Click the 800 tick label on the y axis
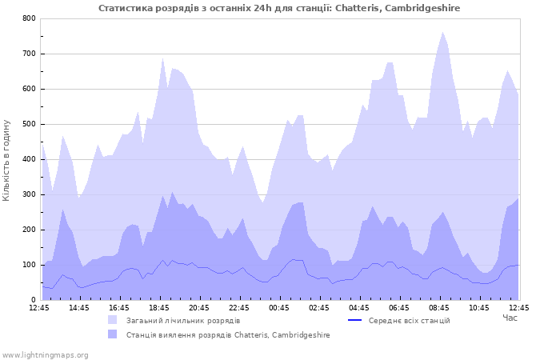29,18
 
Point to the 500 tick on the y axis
29,124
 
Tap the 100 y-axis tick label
29,265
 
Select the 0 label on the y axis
33,300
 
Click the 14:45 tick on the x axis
79,307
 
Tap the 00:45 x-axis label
279,307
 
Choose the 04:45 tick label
359,307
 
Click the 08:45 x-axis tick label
439,307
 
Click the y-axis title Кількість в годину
7,159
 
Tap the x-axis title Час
510,318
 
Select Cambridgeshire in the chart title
424,8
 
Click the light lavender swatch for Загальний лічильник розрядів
113,320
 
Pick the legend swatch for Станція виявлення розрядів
113,334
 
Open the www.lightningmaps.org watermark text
45,354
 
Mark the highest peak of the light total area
442,32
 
